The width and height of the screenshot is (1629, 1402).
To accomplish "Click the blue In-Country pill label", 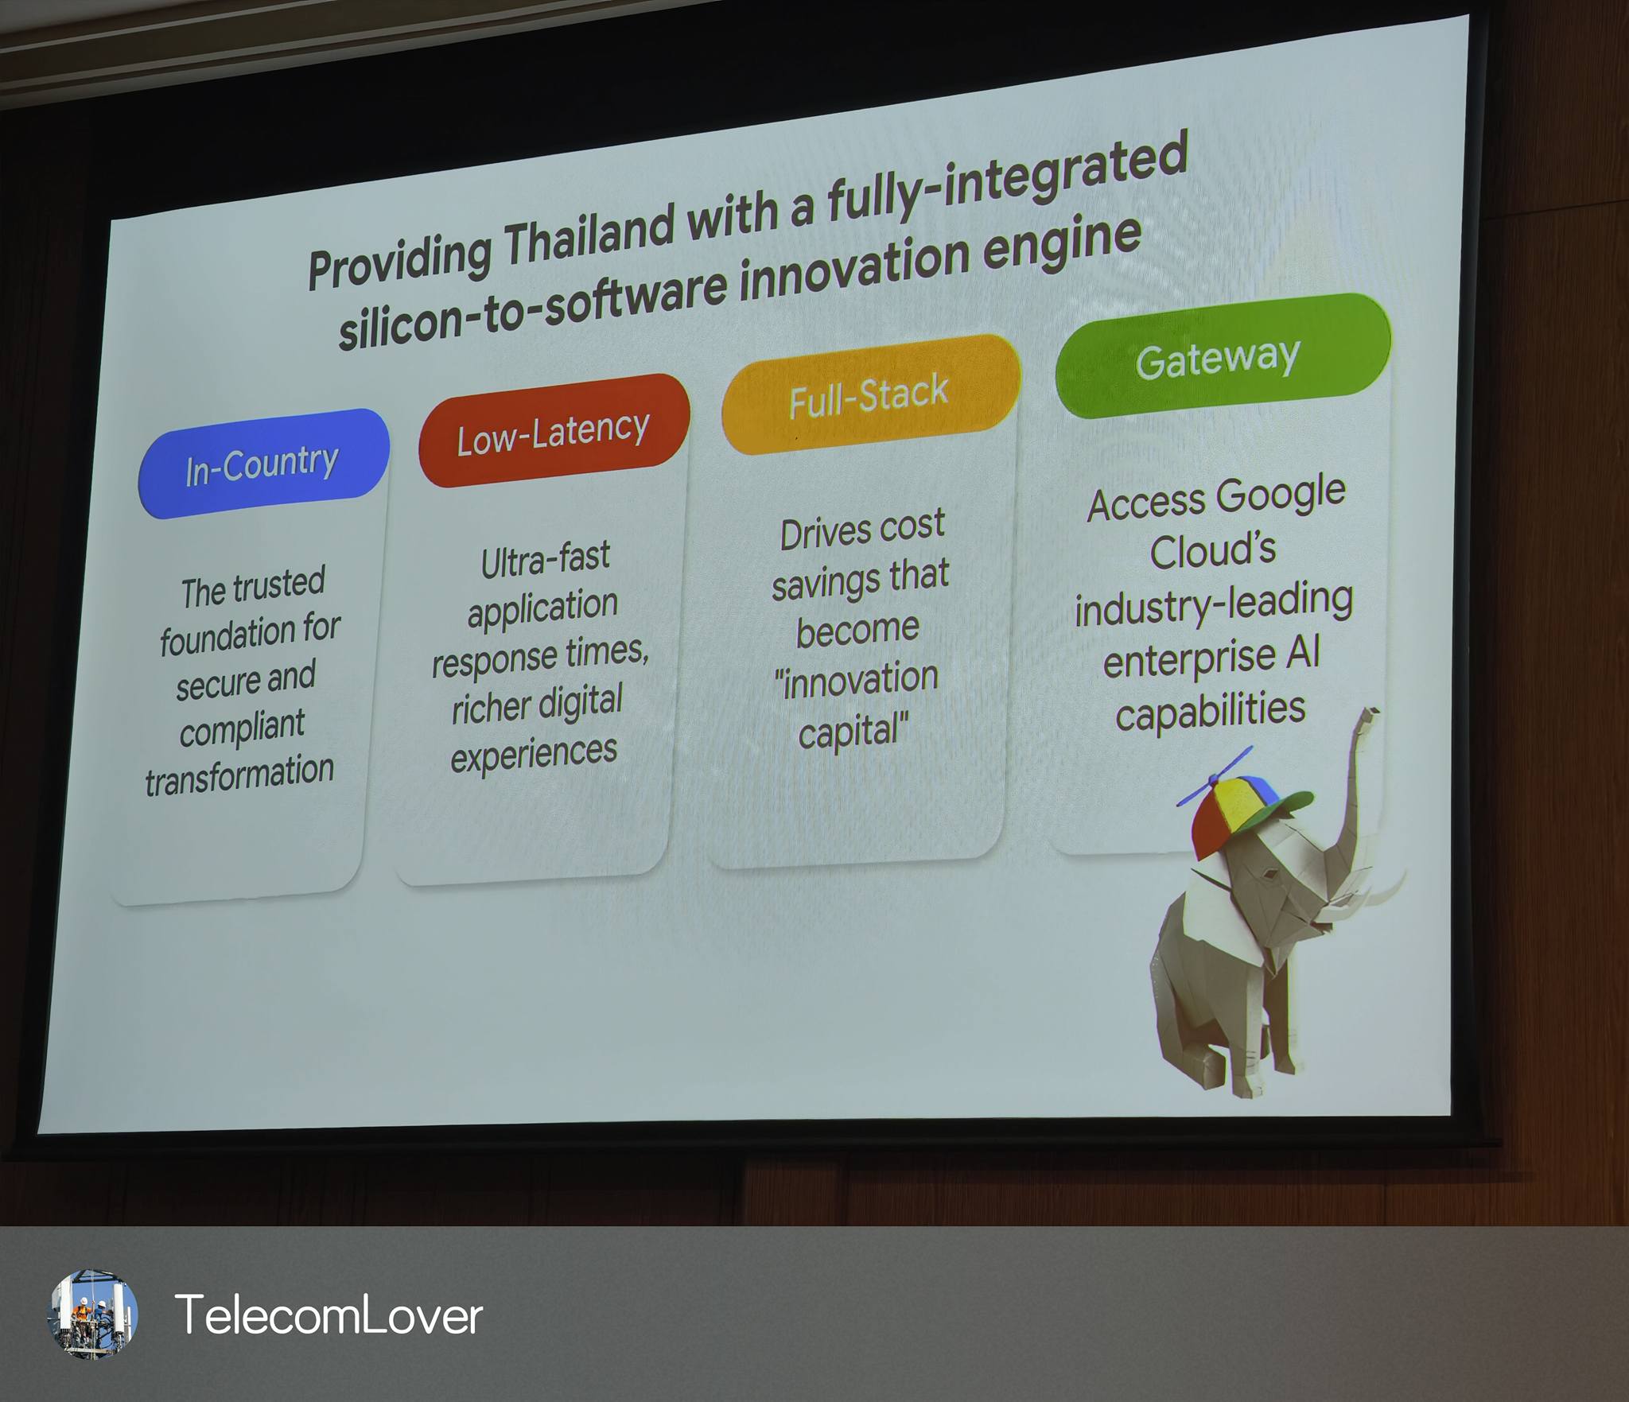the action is pyautogui.click(x=263, y=464).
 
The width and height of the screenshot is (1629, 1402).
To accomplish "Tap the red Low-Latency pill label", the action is pyautogui.click(x=554, y=431).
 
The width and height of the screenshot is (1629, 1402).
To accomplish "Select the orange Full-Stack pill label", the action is pyautogui.click(x=869, y=395).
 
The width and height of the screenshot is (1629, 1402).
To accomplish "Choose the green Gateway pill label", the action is pyautogui.click(x=1222, y=356).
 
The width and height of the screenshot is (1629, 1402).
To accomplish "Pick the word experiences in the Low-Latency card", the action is pyautogui.click(x=534, y=754).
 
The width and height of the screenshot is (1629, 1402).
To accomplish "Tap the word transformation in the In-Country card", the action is pyautogui.click(x=239, y=775).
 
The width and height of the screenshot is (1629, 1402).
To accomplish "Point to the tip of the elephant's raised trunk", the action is pyautogui.click(x=1370, y=712).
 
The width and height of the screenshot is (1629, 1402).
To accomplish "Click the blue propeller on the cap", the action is pyautogui.click(x=1215, y=775).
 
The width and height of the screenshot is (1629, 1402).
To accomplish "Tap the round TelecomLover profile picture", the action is pyautogui.click(x=94, y=1314).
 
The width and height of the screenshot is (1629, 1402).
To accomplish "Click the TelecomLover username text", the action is pyautogui.click(x=328, y=1315).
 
